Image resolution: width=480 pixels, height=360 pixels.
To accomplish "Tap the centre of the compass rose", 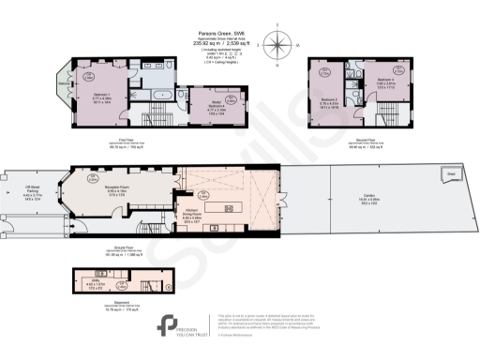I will (279, 43).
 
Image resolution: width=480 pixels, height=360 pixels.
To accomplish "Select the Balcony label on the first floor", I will (64, 91).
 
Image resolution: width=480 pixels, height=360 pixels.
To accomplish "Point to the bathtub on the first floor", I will (160, 96).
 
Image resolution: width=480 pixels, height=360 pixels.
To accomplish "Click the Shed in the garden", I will (452, 174).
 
